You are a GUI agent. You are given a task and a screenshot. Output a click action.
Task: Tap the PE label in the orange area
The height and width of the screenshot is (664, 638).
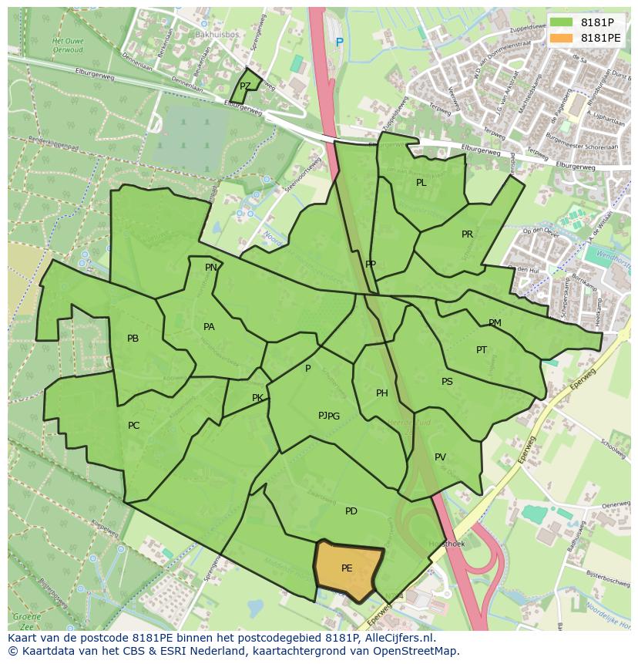pyautogui.click(x=347, y=568)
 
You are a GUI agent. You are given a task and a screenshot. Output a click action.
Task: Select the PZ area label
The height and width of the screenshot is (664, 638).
pyautogui.click(x=245, y=86)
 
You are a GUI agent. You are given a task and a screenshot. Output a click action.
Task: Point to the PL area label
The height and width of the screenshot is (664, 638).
pyautogui.click(x=421, y=183)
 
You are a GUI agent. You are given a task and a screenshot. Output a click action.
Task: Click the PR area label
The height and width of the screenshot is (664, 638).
pyautogui.click(x=467, y=234)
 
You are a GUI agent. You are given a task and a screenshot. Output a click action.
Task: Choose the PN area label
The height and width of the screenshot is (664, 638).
pyautogui.click(x=211, y=268)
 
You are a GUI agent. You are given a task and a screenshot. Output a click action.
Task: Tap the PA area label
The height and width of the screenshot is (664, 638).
pyautogui.click(x=209, y=327)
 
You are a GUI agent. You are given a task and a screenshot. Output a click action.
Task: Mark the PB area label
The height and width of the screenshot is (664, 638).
pyautogui.click(x=133, y=339)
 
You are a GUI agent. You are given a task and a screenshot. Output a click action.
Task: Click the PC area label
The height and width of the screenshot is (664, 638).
pyautogui.click(x=133, y=426)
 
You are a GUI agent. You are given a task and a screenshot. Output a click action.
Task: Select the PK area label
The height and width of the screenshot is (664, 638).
pyautogui.click(x=257, y=398)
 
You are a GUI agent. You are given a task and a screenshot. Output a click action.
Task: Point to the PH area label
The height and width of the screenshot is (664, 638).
pyautogui.click(x=381, y=393)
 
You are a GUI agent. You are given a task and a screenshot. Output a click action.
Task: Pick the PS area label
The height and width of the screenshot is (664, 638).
pyautogui.click(x=447, y=382)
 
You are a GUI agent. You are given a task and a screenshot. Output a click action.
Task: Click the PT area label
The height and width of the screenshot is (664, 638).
pyautogui.click(x=482, y=350)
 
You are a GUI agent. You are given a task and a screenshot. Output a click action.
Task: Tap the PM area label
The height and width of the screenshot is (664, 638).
pyautogui.click(x=495, y=323)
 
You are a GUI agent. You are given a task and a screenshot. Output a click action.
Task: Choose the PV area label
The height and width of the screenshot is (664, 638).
pyautogui.click(x=440, y=457)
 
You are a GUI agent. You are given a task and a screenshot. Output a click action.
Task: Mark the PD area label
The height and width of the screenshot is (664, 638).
pyautogui.click(x=351, y=511)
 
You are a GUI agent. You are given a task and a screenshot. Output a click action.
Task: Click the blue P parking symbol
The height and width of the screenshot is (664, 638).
pyautogui.click(x=339, y=42)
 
